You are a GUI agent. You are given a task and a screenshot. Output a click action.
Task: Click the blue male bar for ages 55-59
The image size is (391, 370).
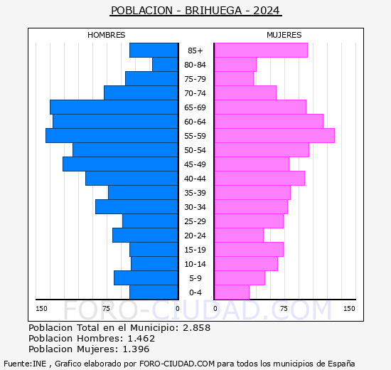pos(112,136)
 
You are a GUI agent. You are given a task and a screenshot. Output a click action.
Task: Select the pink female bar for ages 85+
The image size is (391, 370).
pos(260,51)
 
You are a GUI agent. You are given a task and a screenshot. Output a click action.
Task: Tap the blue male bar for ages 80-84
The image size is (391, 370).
pos(165,65)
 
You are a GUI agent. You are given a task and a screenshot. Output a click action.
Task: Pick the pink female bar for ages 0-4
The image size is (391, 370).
pos(232,292)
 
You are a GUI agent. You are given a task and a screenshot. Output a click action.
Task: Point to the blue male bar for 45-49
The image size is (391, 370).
pos(120,164)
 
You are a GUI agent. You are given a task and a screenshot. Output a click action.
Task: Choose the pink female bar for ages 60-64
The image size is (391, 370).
pos(268,122)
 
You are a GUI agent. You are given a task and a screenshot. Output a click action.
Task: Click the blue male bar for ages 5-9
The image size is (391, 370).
pos(146,278)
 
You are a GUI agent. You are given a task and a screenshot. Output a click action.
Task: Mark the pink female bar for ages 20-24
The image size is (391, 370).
pos(239,236)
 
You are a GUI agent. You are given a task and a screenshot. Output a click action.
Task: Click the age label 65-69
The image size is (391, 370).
pos(195,107)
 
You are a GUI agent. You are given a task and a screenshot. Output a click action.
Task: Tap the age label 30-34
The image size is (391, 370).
pos(195,207)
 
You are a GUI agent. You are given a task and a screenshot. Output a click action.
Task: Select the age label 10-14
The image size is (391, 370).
pos(195,264)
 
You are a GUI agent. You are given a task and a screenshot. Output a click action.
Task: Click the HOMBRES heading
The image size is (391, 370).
pos(107,35)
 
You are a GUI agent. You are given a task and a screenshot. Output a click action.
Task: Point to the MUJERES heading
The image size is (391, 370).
pos(284,35)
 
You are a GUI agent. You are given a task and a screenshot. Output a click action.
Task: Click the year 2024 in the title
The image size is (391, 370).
pos(267,11)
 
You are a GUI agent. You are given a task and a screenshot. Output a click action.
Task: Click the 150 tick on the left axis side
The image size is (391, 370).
pos(42,308)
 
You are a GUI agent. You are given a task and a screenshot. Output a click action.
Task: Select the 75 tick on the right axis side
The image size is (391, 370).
pos(284,308)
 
